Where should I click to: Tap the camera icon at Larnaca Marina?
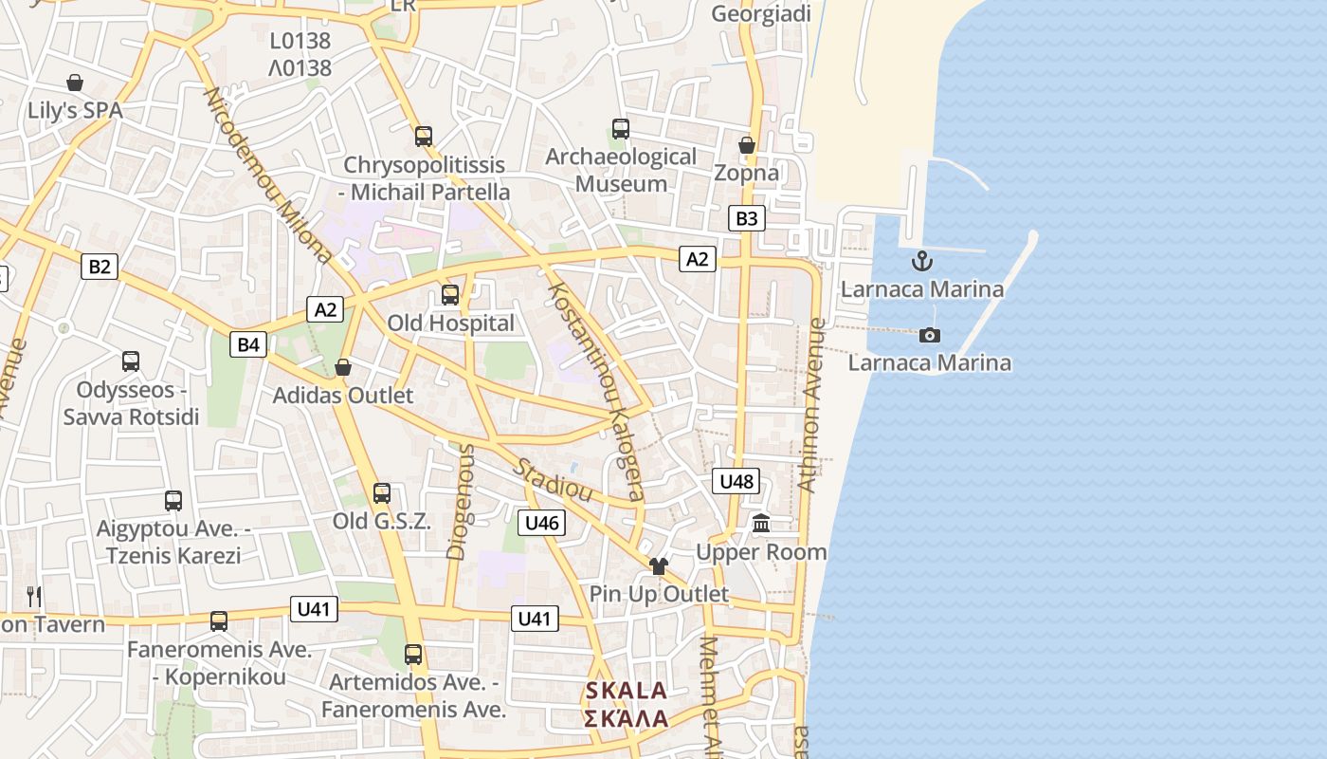click(x=930, y=335)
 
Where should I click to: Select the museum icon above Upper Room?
click(x=761, y=523)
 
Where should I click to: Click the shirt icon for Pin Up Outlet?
click(x=659, y=566)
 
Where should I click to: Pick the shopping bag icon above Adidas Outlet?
click(x=343, y=367)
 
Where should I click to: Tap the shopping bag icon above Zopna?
click(x=747, y=145)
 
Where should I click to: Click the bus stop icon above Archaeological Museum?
click(x=621, y=128)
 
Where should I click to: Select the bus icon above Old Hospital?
click(x=450, y=295)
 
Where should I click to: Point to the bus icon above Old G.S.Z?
click(x=382, y=493)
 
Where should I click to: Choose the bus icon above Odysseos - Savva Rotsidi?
click(x=131, y=361)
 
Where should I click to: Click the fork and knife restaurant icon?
click(x=34, y=596)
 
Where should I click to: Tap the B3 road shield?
click(x=747, y=219)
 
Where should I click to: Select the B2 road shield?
click(x=100, y=267)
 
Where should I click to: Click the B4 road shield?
click(x=248, y=344)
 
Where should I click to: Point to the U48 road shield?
click(x=736, y=482)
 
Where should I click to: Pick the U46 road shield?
click(x=542, y=523)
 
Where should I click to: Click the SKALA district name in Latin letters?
click(x=627, y=691)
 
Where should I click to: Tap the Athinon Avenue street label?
click(x=811, y=405)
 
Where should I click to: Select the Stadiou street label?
click(x=554, y=480)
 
